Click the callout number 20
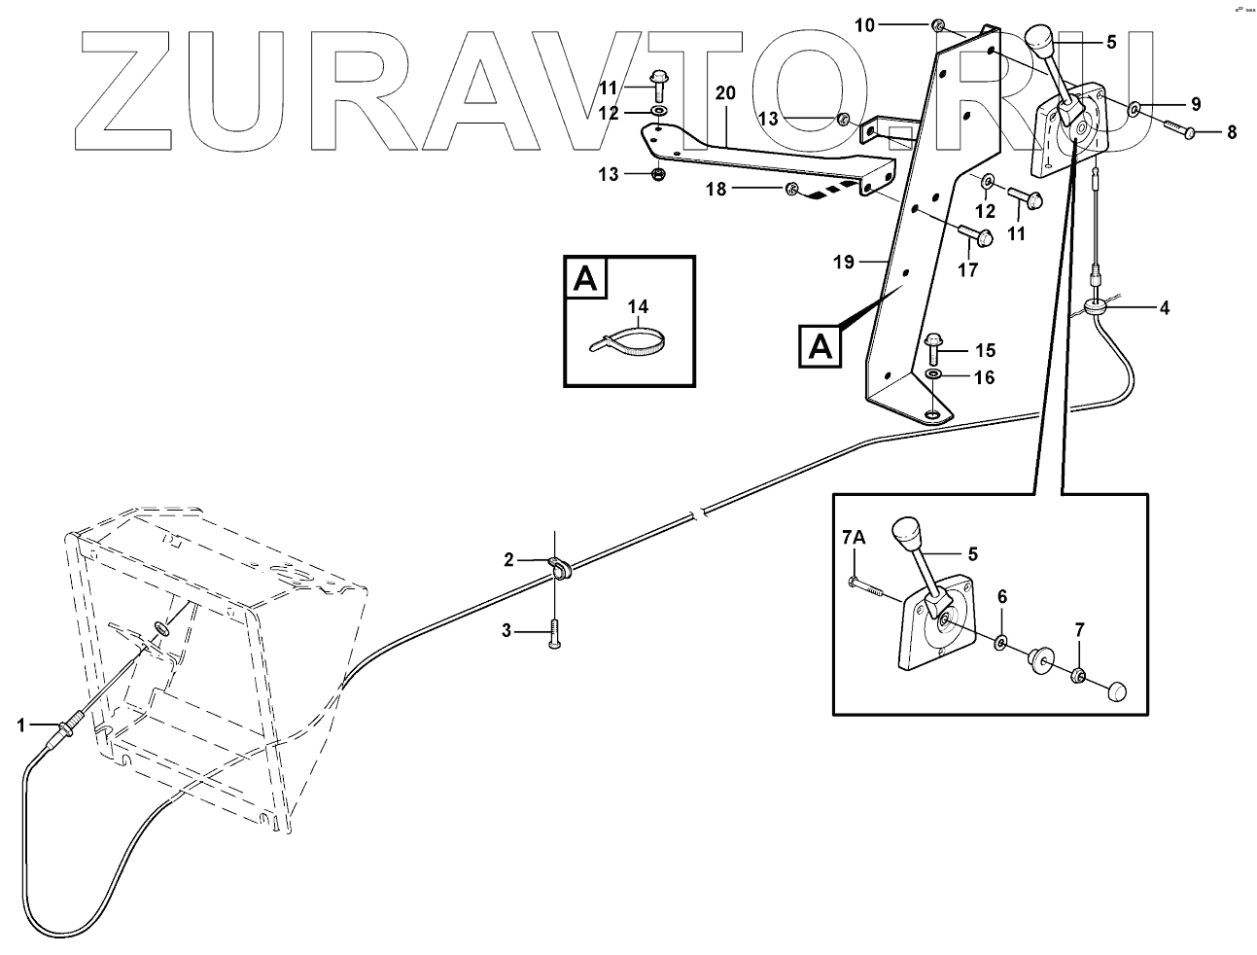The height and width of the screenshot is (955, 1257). (x=725, y=93)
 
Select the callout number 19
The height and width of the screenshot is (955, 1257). (x=843, y=262)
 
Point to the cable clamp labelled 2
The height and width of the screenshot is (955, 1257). (x=560, y=564)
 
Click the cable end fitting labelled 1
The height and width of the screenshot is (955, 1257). (x=71, y=728)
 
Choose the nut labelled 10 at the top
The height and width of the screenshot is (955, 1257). (x=938, y=25)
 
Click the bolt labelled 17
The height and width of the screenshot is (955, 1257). (x=975, y=235)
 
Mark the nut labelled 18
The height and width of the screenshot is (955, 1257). (x=790, y=189)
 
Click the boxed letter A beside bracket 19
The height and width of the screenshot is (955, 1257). (x=821, y=347)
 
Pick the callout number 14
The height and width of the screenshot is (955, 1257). (x=637, y=307)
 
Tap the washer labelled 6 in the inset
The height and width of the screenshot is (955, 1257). (x=1001, y=643)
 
